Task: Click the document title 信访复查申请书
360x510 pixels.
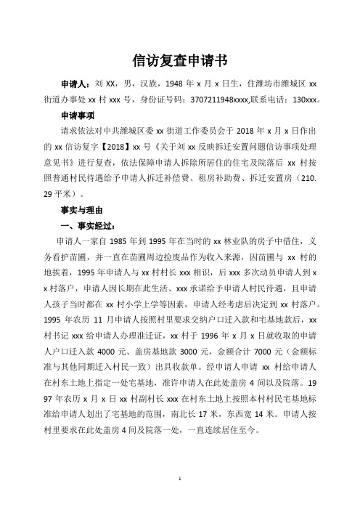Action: tap(179, 58)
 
